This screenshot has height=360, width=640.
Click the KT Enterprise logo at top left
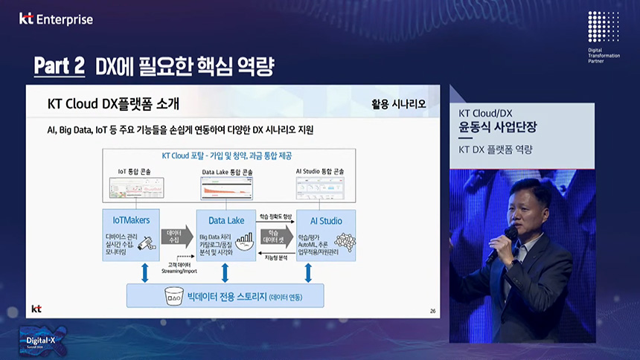tap(56, 19)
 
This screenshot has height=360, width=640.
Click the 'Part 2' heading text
tap(60, 66)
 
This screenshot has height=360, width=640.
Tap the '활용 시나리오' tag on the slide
tap(398, 103)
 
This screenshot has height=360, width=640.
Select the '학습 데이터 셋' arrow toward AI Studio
tap(273, 237)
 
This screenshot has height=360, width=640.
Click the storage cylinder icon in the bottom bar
tap(175, 297)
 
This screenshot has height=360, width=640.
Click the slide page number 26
tap(433, 310)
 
